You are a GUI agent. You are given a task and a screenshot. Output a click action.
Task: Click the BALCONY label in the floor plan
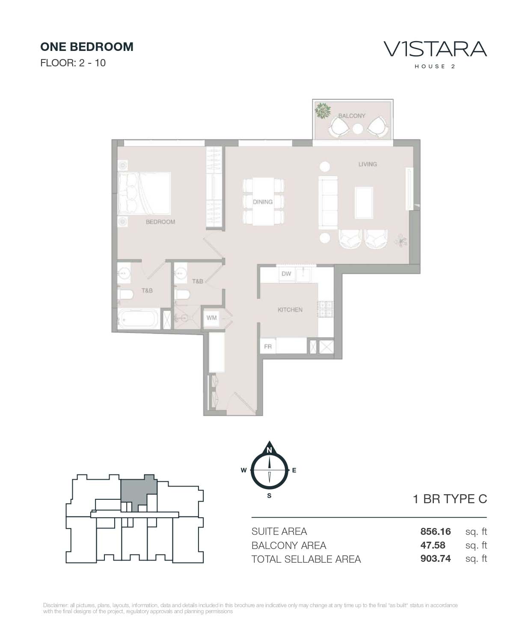click(x=351, y=116)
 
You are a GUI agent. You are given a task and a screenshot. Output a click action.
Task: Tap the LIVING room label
click(x=368, y=164)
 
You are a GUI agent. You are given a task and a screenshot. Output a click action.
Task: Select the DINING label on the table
click(x=262, y=202)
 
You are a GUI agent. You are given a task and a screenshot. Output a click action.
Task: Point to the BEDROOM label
click(x=160, y=222)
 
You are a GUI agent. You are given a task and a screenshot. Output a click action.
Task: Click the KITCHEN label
click(x=290, y=310)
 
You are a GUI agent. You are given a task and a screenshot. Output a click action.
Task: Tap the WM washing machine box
click(x=211, y=317)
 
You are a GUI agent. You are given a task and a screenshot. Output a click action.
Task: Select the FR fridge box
click(x=268, y=346)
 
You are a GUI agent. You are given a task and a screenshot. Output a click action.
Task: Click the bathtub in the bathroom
click(x=138, y=319)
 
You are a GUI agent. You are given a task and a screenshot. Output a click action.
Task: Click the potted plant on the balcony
click(x=323, y=110)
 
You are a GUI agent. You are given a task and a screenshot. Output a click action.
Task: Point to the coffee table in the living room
click(x=364, y=202)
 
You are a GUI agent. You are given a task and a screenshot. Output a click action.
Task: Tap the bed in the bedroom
click(x=144, y=193)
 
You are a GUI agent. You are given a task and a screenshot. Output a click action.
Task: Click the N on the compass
click(x=269, y=450)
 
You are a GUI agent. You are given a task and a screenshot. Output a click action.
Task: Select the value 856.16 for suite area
click(x=435, y=531)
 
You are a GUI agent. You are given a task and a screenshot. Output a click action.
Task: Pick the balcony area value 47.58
click(x=433, y=545)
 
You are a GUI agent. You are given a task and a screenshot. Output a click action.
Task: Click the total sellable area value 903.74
click(x=435, y=558)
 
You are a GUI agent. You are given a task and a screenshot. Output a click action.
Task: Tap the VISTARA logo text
click(x=435, y=49)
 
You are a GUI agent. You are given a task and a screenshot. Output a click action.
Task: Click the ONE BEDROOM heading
click(x=87, y=47)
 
